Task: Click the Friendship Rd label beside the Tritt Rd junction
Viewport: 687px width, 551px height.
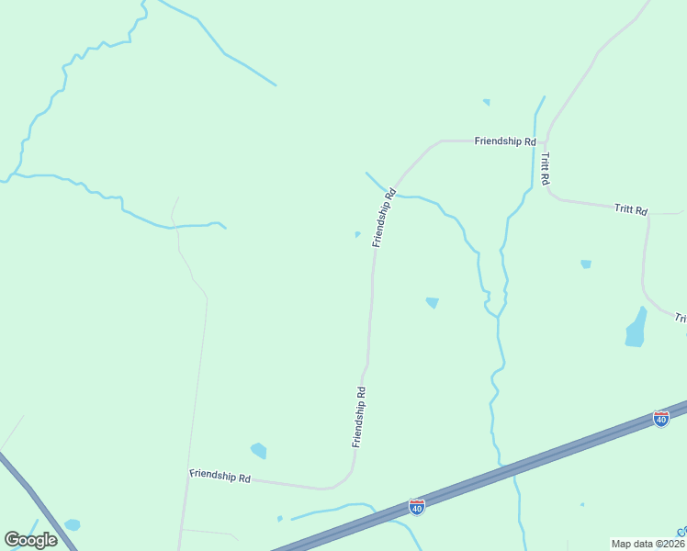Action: click(504, 141)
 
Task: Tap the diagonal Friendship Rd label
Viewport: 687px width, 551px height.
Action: click(384, 218)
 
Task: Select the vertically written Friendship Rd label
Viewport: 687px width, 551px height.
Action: click(359, 417)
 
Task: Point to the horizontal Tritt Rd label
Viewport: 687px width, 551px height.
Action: click(631, 209)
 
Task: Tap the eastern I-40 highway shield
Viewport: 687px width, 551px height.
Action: click(661, 419)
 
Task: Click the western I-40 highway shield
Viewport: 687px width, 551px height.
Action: click(417, 506)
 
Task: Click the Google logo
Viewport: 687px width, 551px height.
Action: click(30, 539)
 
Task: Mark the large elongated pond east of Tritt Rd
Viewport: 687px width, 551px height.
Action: click(636, 328)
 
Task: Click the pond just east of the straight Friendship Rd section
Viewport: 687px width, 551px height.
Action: click(432, 302)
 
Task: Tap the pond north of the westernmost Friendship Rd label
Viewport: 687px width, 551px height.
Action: click(258, 450)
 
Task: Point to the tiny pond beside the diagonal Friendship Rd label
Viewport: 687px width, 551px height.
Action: click(357, 234)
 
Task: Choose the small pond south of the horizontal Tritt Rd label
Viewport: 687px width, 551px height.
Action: click(586, 264)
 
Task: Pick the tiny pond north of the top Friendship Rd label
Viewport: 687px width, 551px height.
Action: click(486, 102)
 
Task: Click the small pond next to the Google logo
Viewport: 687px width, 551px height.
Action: click(72, 525)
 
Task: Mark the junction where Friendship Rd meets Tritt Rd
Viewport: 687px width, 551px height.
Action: click(546, 142)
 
